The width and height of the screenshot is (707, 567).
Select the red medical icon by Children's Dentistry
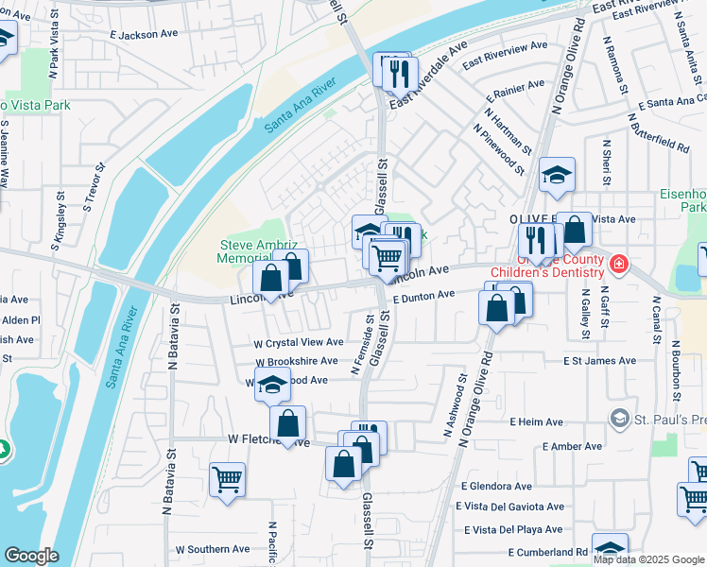point(618,264)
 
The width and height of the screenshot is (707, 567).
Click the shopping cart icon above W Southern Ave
point(227,479)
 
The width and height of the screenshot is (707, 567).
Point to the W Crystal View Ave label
point(298,342)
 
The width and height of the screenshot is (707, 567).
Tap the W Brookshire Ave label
point(296,361)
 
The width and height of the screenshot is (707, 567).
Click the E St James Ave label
point(599,361)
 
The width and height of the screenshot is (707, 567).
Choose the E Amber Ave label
point(556,446)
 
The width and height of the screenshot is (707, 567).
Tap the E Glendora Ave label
point(496,486)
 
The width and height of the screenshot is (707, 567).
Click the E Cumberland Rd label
point(548,552)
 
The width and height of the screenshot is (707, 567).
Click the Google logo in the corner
point(31,556)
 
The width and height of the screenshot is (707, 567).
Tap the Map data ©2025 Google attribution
point(648,559)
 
